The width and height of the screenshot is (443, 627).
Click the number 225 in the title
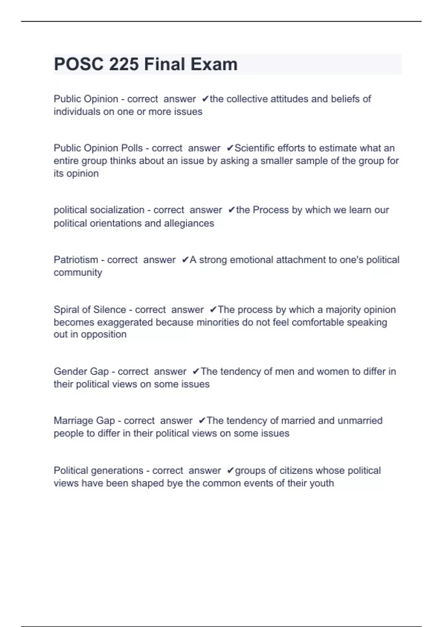click(x=124, y=64)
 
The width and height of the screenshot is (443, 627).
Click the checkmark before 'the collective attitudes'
click(x=206, y=99)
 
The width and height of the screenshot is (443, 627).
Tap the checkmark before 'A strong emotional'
click(x=185, y=260)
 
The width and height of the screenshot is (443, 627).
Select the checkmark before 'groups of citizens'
click(x=231, y=471)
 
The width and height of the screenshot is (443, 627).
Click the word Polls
click(x=132, y=148)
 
